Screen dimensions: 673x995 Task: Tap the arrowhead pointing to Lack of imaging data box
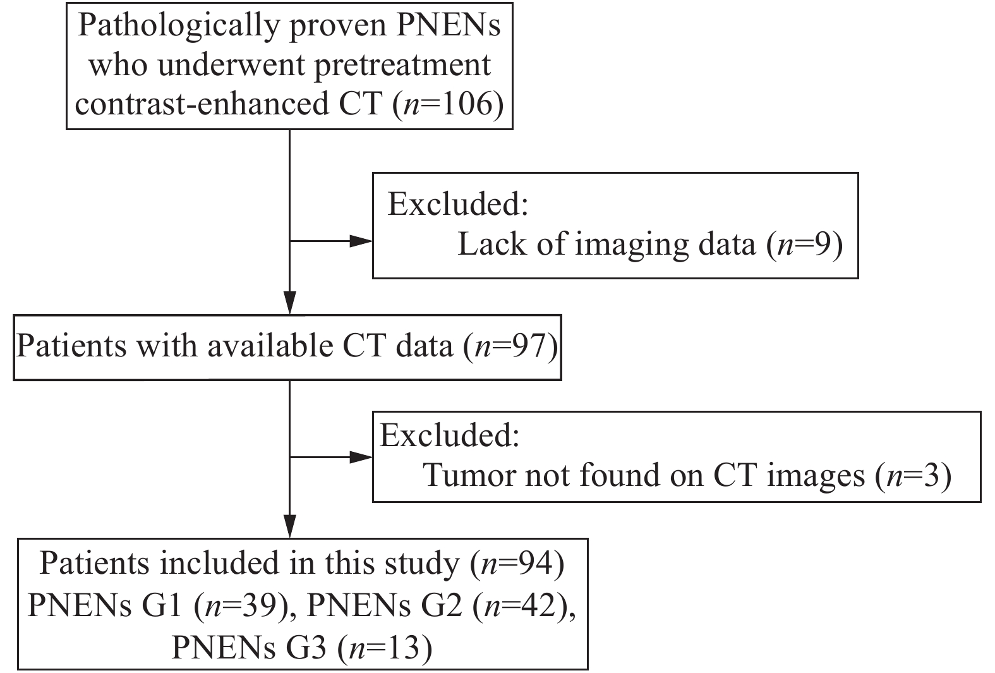point(361,241)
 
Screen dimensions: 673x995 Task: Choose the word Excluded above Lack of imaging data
point(457,205)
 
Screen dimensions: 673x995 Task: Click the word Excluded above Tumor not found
point(449,435)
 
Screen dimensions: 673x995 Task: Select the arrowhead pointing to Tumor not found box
point(361,456)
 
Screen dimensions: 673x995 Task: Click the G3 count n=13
point(385,648)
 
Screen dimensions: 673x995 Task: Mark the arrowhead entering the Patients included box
point(289,526)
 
